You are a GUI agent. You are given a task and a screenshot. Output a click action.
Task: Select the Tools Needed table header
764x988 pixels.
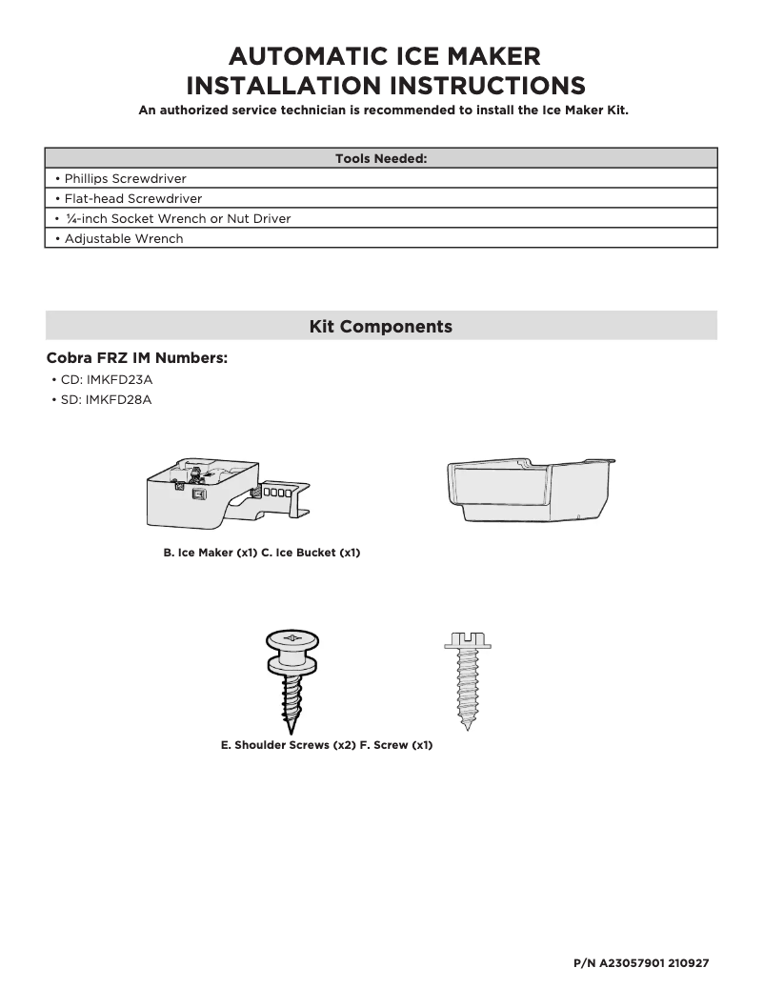click(381, 158)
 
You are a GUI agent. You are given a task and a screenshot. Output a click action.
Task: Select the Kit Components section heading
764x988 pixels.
click(381, 326)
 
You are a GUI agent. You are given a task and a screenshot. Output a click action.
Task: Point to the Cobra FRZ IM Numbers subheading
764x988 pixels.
click(137, 358)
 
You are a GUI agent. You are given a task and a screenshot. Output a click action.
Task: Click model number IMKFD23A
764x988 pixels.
click(119, 379)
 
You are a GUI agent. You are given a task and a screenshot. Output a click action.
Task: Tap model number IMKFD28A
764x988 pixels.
click(119, 399)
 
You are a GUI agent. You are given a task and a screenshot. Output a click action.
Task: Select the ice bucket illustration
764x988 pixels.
click(529, 487)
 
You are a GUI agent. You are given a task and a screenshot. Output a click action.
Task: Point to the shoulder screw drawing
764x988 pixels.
click(294, 677)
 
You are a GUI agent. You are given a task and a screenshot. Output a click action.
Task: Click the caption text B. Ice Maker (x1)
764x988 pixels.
click(211, 553)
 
